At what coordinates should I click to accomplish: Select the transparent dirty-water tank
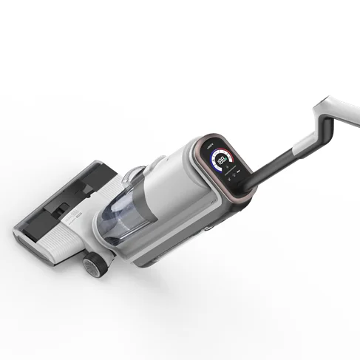coord(119,219)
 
